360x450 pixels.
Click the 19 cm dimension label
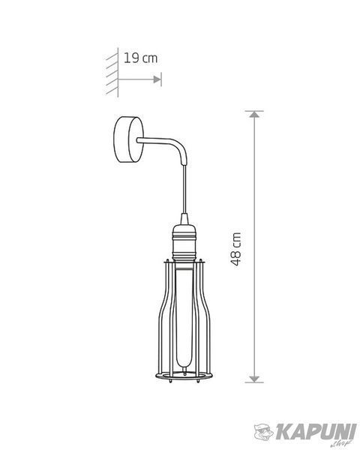[141, 58]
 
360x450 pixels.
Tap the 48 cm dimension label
[236, 249]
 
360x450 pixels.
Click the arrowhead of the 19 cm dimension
[157, 79]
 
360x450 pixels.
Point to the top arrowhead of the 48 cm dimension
[254, 114]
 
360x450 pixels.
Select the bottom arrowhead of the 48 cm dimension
[254, 379]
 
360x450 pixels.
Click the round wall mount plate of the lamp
[128, 139]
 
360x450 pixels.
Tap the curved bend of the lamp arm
[181, 148]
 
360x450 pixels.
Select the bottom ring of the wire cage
[184, 376]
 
